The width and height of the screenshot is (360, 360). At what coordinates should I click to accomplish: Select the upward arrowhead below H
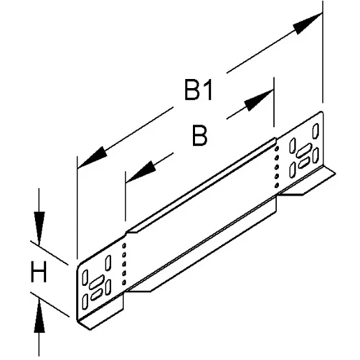pyautogui.click(x=39, y=318)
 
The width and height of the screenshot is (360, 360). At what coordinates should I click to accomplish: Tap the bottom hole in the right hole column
pyautogui.click(x=277, y=183)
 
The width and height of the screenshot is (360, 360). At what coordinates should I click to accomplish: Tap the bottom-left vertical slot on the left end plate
pyautogui.click(x=85, y=301)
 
